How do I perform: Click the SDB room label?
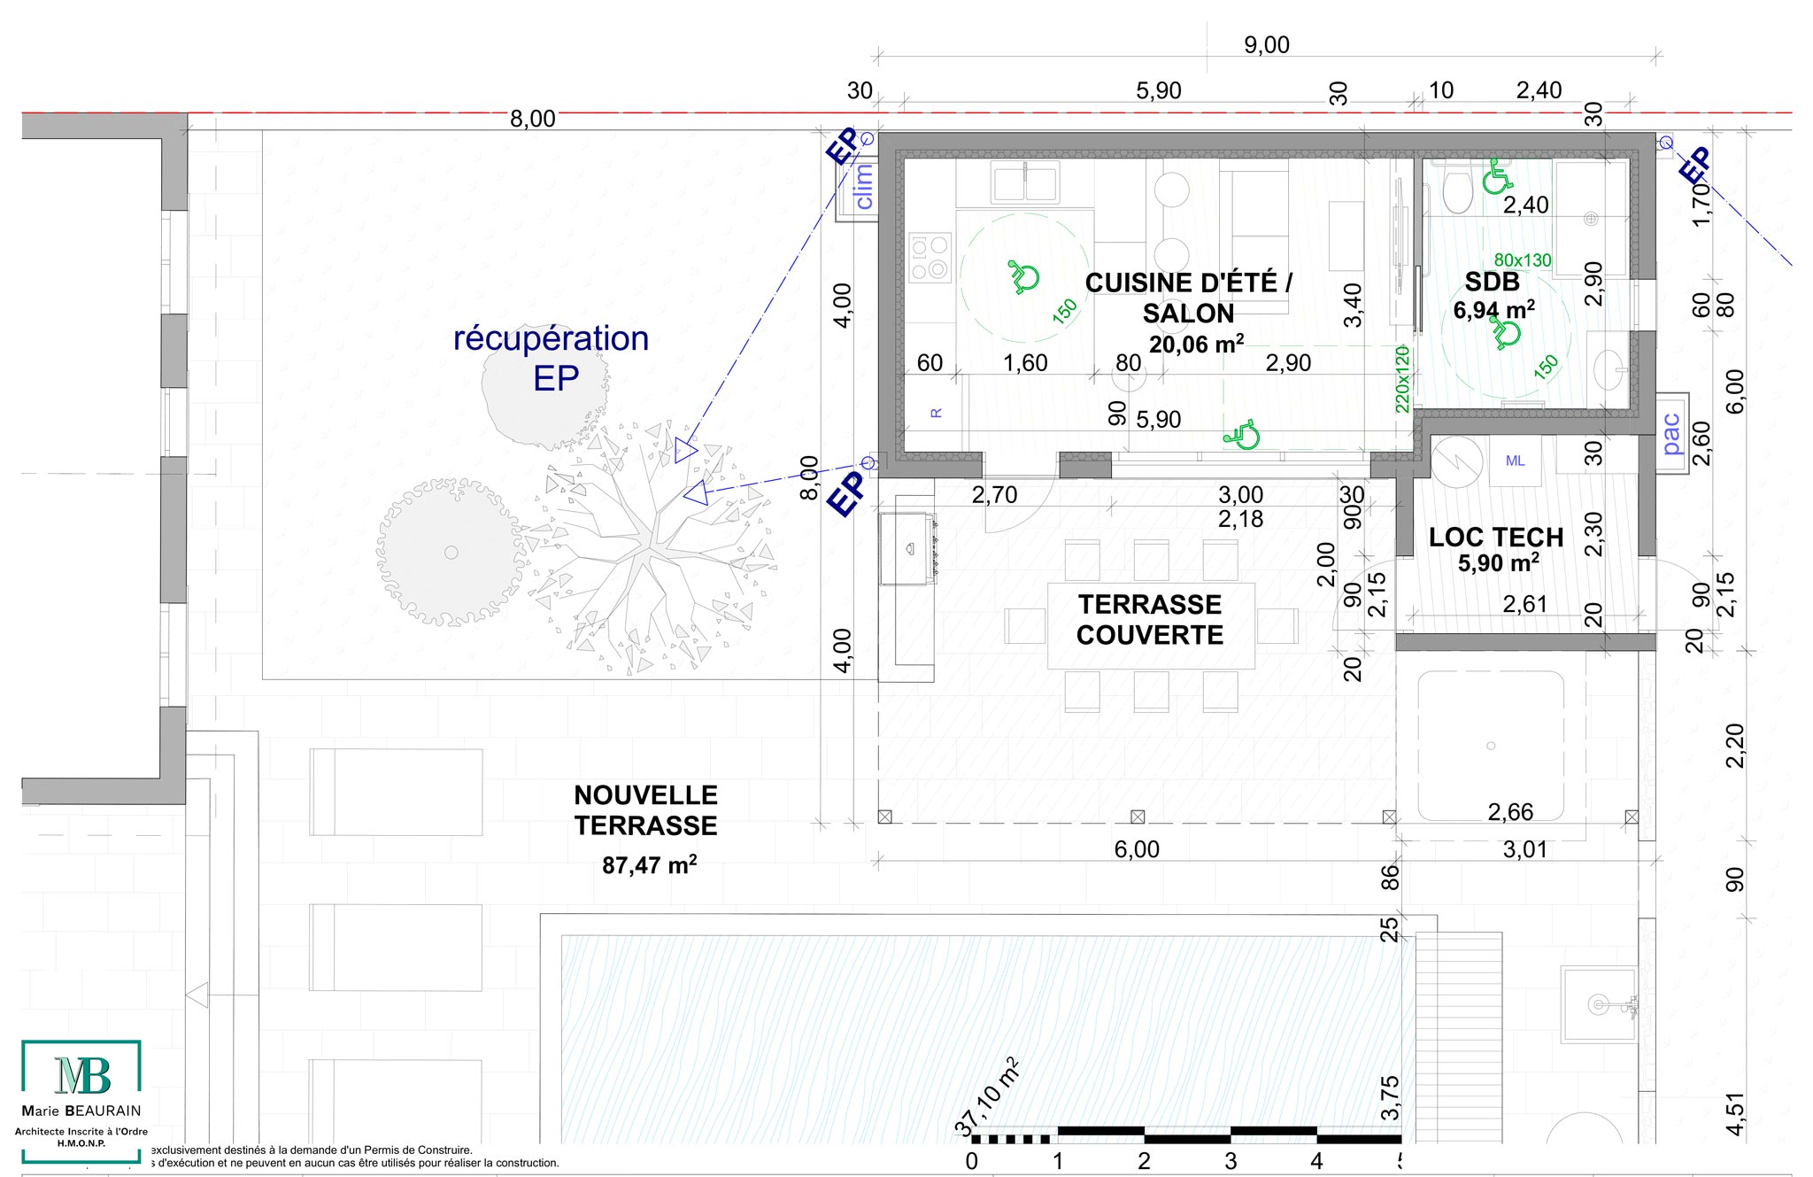coord(1493,282)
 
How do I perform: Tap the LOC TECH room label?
coord(1496,538)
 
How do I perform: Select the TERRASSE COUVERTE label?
coord(1150,620)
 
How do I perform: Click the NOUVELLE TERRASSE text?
coord(645,810)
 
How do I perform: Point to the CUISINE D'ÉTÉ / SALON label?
coord(1189,298)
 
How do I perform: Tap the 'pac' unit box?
coord(1671,434)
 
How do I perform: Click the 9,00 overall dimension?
coord(1267,45)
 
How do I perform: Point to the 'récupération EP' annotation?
coord(552,358)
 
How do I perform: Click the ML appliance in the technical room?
coord(1515,461)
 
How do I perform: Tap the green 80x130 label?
coord(1523,260)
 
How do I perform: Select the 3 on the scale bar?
coord(1231,1160)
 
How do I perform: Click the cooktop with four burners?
coord(930,257)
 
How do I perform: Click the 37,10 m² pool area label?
coord(988,1097)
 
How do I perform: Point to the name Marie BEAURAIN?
coord(81,1111)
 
